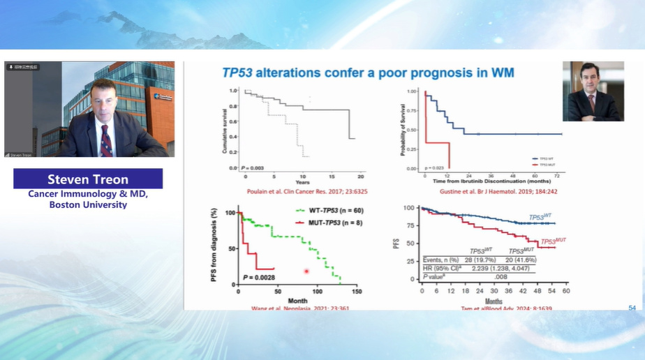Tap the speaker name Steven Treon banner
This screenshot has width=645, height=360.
[88, 179]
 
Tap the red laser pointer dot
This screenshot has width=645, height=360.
[306, 271]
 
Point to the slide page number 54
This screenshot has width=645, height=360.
[632, 308]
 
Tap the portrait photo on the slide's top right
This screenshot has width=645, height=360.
[593, 91]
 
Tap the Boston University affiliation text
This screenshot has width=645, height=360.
[88, 205]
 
